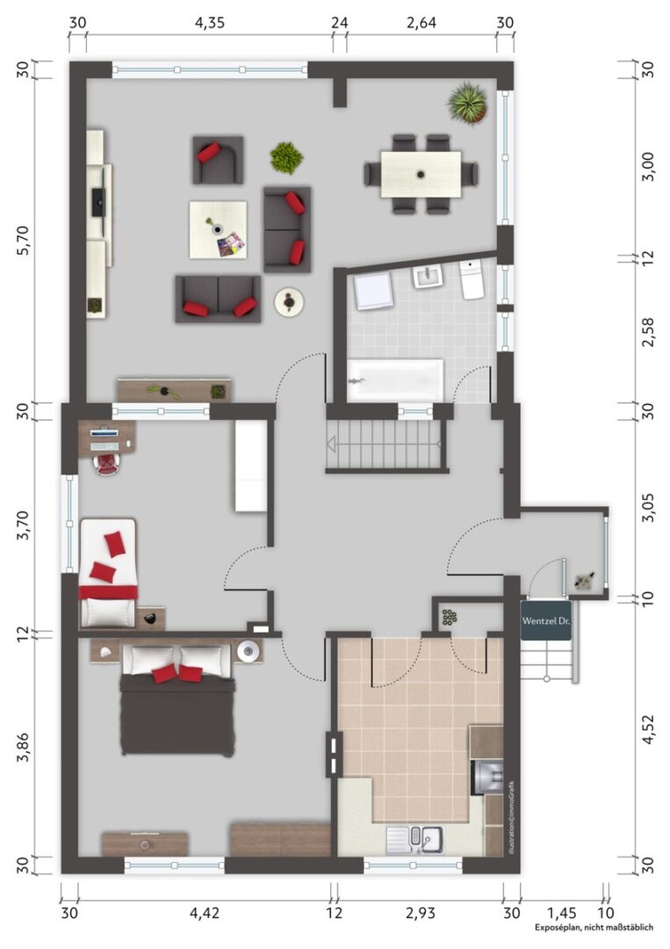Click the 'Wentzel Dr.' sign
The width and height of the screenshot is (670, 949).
[546, 620]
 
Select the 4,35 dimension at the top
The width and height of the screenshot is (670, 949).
[209, 23]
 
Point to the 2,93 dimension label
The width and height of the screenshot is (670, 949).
[421, 913]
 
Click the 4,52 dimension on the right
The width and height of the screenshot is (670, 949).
[648, 730]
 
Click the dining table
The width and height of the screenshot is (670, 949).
[421, 174]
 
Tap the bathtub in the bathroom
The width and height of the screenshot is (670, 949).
[395, 380]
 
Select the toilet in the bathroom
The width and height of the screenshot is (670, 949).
[471, 279]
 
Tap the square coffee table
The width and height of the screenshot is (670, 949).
[218, 230]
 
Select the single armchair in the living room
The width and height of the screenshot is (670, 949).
[218, 160]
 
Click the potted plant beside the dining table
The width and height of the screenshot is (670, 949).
[468, 104]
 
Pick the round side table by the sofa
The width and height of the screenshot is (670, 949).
[289, 301]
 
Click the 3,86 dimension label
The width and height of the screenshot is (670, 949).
[25, 750]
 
